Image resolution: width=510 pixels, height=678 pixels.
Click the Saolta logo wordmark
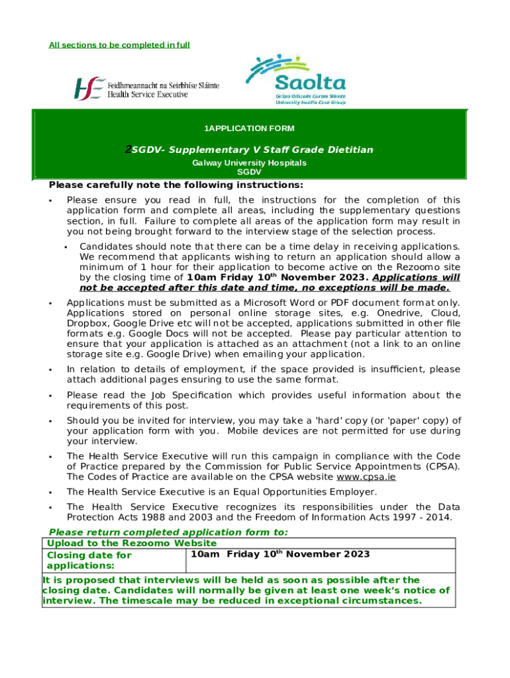310,83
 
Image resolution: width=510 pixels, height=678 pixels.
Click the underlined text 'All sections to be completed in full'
119,45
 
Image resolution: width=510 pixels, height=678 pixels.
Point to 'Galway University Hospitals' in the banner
249,162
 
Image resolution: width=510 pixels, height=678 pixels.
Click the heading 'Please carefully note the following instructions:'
176,185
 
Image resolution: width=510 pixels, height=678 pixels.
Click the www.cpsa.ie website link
366,477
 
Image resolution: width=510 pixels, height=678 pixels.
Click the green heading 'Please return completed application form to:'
169,532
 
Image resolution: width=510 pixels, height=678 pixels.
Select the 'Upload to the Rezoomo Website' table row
131,543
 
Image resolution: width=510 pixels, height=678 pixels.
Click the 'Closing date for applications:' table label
89,560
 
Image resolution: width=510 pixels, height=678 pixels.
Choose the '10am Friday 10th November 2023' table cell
280,554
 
